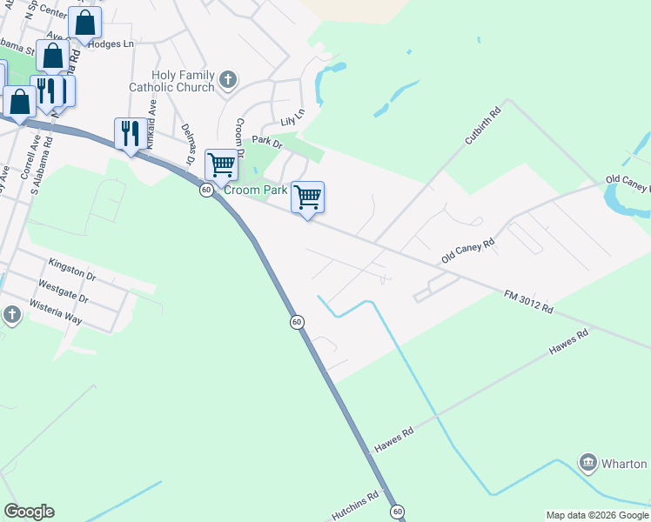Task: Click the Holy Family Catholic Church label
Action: point(171,81)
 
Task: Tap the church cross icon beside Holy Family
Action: point(228,81)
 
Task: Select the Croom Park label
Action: point(256,190)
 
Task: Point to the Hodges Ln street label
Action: point(111,43)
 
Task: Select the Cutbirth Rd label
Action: point(484,125)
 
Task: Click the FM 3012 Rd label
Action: point(528,302)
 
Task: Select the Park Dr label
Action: point(267,141)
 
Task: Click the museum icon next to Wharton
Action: point(587,463)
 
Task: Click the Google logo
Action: point(29,512)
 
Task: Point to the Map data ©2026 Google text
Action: point(598,515)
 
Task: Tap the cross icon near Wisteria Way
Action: point(11,313)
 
